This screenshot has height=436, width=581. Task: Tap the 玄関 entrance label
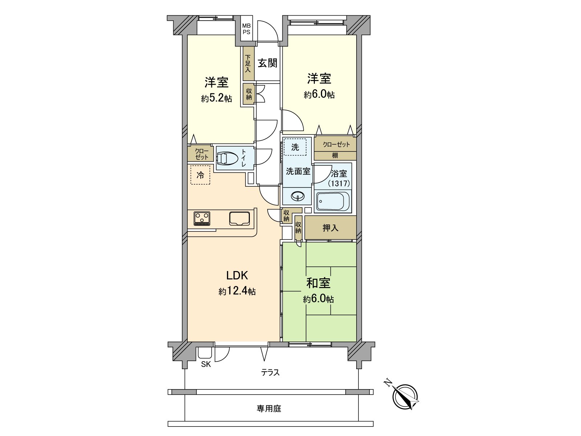click(x=268, y=63)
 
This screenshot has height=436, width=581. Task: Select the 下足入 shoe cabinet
click(x=248, y=64)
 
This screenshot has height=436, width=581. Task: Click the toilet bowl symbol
click(x=227, y=159)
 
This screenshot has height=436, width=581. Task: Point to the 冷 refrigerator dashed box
click(x=200, y=175)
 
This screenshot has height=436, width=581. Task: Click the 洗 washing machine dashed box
click(x=295, y=147)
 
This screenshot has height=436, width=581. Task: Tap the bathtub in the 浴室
click(x=333, y=201)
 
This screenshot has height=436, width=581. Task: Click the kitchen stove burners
click(x=202, y=218)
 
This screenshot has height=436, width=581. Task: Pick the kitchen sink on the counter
click(x=239, y=218)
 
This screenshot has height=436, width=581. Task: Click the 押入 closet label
click(x=330, y=228)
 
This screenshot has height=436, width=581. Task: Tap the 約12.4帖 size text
click(x=237, y=291)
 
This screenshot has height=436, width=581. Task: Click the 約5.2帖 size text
click(x=216, y=98)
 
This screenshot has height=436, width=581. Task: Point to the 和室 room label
click(x=318, y=283)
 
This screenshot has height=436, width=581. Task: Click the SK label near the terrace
click(x=206, y=364)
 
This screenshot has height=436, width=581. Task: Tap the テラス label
click(x=271, y=372)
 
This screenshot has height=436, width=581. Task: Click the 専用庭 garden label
click(x=269, y=409)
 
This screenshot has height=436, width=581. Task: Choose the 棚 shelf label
click(x=335, y=156)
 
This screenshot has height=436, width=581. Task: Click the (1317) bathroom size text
click(x=339, y=184)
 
